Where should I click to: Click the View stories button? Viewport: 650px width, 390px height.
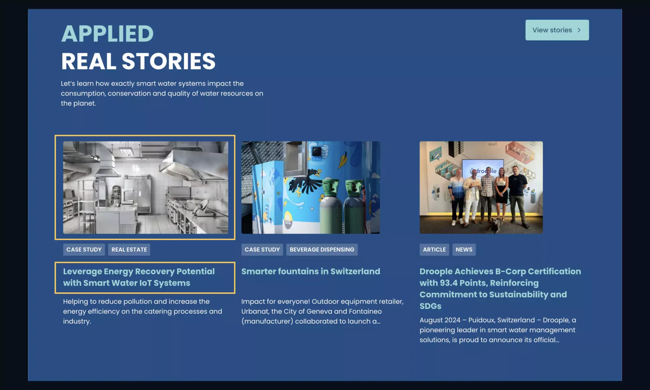(556, 30)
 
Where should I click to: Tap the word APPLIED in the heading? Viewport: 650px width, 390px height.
(107, 34)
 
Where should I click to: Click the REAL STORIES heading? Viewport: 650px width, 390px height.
(138, 61)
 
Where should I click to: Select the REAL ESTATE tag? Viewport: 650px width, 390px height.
(129, 249)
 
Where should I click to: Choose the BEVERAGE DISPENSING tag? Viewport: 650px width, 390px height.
(322, 249)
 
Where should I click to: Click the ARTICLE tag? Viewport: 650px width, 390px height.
(434, 249)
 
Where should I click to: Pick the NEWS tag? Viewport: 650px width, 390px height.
(464, 249)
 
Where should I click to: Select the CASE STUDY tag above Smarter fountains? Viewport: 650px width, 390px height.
(262, 249)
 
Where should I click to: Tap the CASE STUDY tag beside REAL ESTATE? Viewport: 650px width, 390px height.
(84, 249)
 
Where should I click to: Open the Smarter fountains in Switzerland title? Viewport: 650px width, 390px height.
(310, 271)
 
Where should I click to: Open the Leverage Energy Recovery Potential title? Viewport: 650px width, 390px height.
(139, 277)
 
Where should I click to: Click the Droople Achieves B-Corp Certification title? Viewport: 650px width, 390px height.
(500, 289)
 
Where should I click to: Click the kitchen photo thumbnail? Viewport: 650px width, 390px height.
(145, 187)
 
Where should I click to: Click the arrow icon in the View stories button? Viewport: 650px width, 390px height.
(579, 30)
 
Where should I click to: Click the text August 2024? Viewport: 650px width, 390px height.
(440, 320)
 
